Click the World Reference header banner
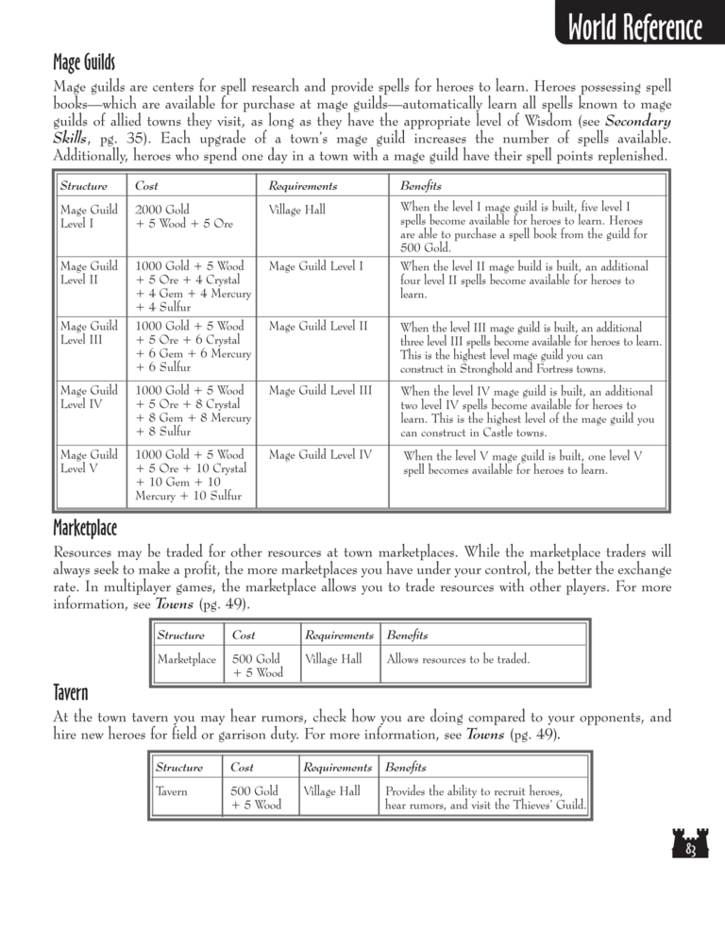tap(634, 28)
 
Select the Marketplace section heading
tap(85, 524)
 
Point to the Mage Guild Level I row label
tap(89, 216)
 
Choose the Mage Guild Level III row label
tap(89, 333)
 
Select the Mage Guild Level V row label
tap(89, 463)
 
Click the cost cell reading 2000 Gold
tap(163, 210)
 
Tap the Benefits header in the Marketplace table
tap(407, 635)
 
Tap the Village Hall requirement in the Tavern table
tap(331, 792)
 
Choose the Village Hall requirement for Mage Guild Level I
tap(296, 211)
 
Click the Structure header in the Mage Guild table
tap(83, 186)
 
